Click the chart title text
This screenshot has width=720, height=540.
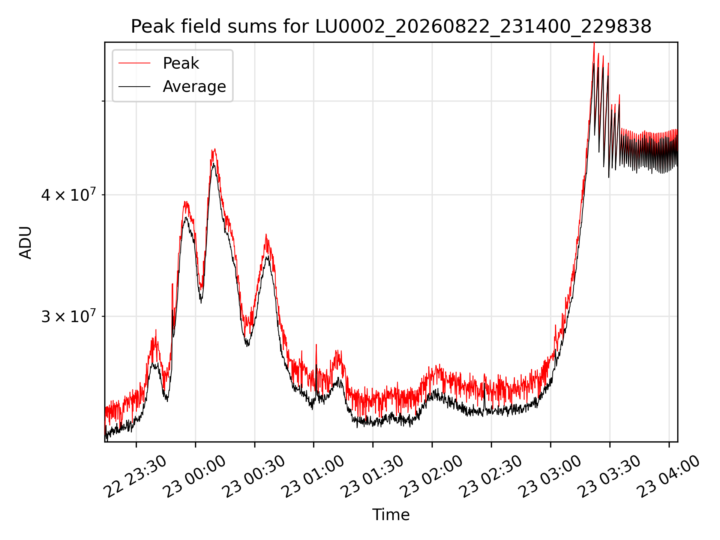coord(391,27)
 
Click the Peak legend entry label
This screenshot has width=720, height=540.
coord(181,63)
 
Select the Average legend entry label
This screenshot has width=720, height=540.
coord(194,87)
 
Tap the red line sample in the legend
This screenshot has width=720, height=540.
coord(135,63)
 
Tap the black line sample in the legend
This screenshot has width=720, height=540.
coord(135,87)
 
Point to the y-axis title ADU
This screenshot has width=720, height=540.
coord(25,242)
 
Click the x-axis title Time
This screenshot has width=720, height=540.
coord(391,514)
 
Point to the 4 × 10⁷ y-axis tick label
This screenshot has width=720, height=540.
coord(68,195)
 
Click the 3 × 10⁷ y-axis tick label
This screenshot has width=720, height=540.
coord(68,316)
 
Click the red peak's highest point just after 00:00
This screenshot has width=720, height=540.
coord(214,148)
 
